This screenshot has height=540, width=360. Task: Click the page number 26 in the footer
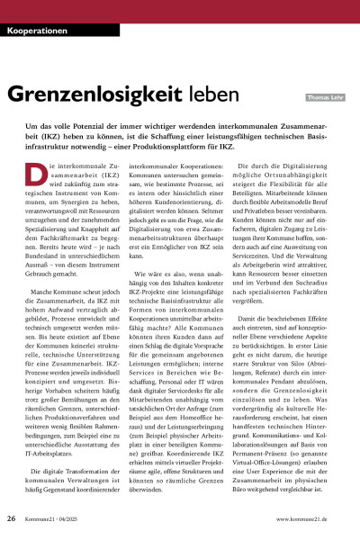pyautogui.click(x=12, y=519)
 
